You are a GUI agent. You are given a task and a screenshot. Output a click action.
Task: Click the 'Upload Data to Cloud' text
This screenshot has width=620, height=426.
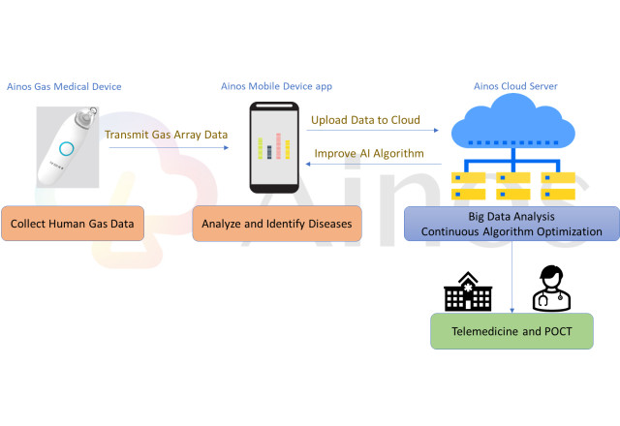pyautogui.click(x=365, y=121)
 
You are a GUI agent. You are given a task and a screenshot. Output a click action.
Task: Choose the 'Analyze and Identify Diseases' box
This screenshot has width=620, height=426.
pyautogui.click(x=277, y=225)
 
